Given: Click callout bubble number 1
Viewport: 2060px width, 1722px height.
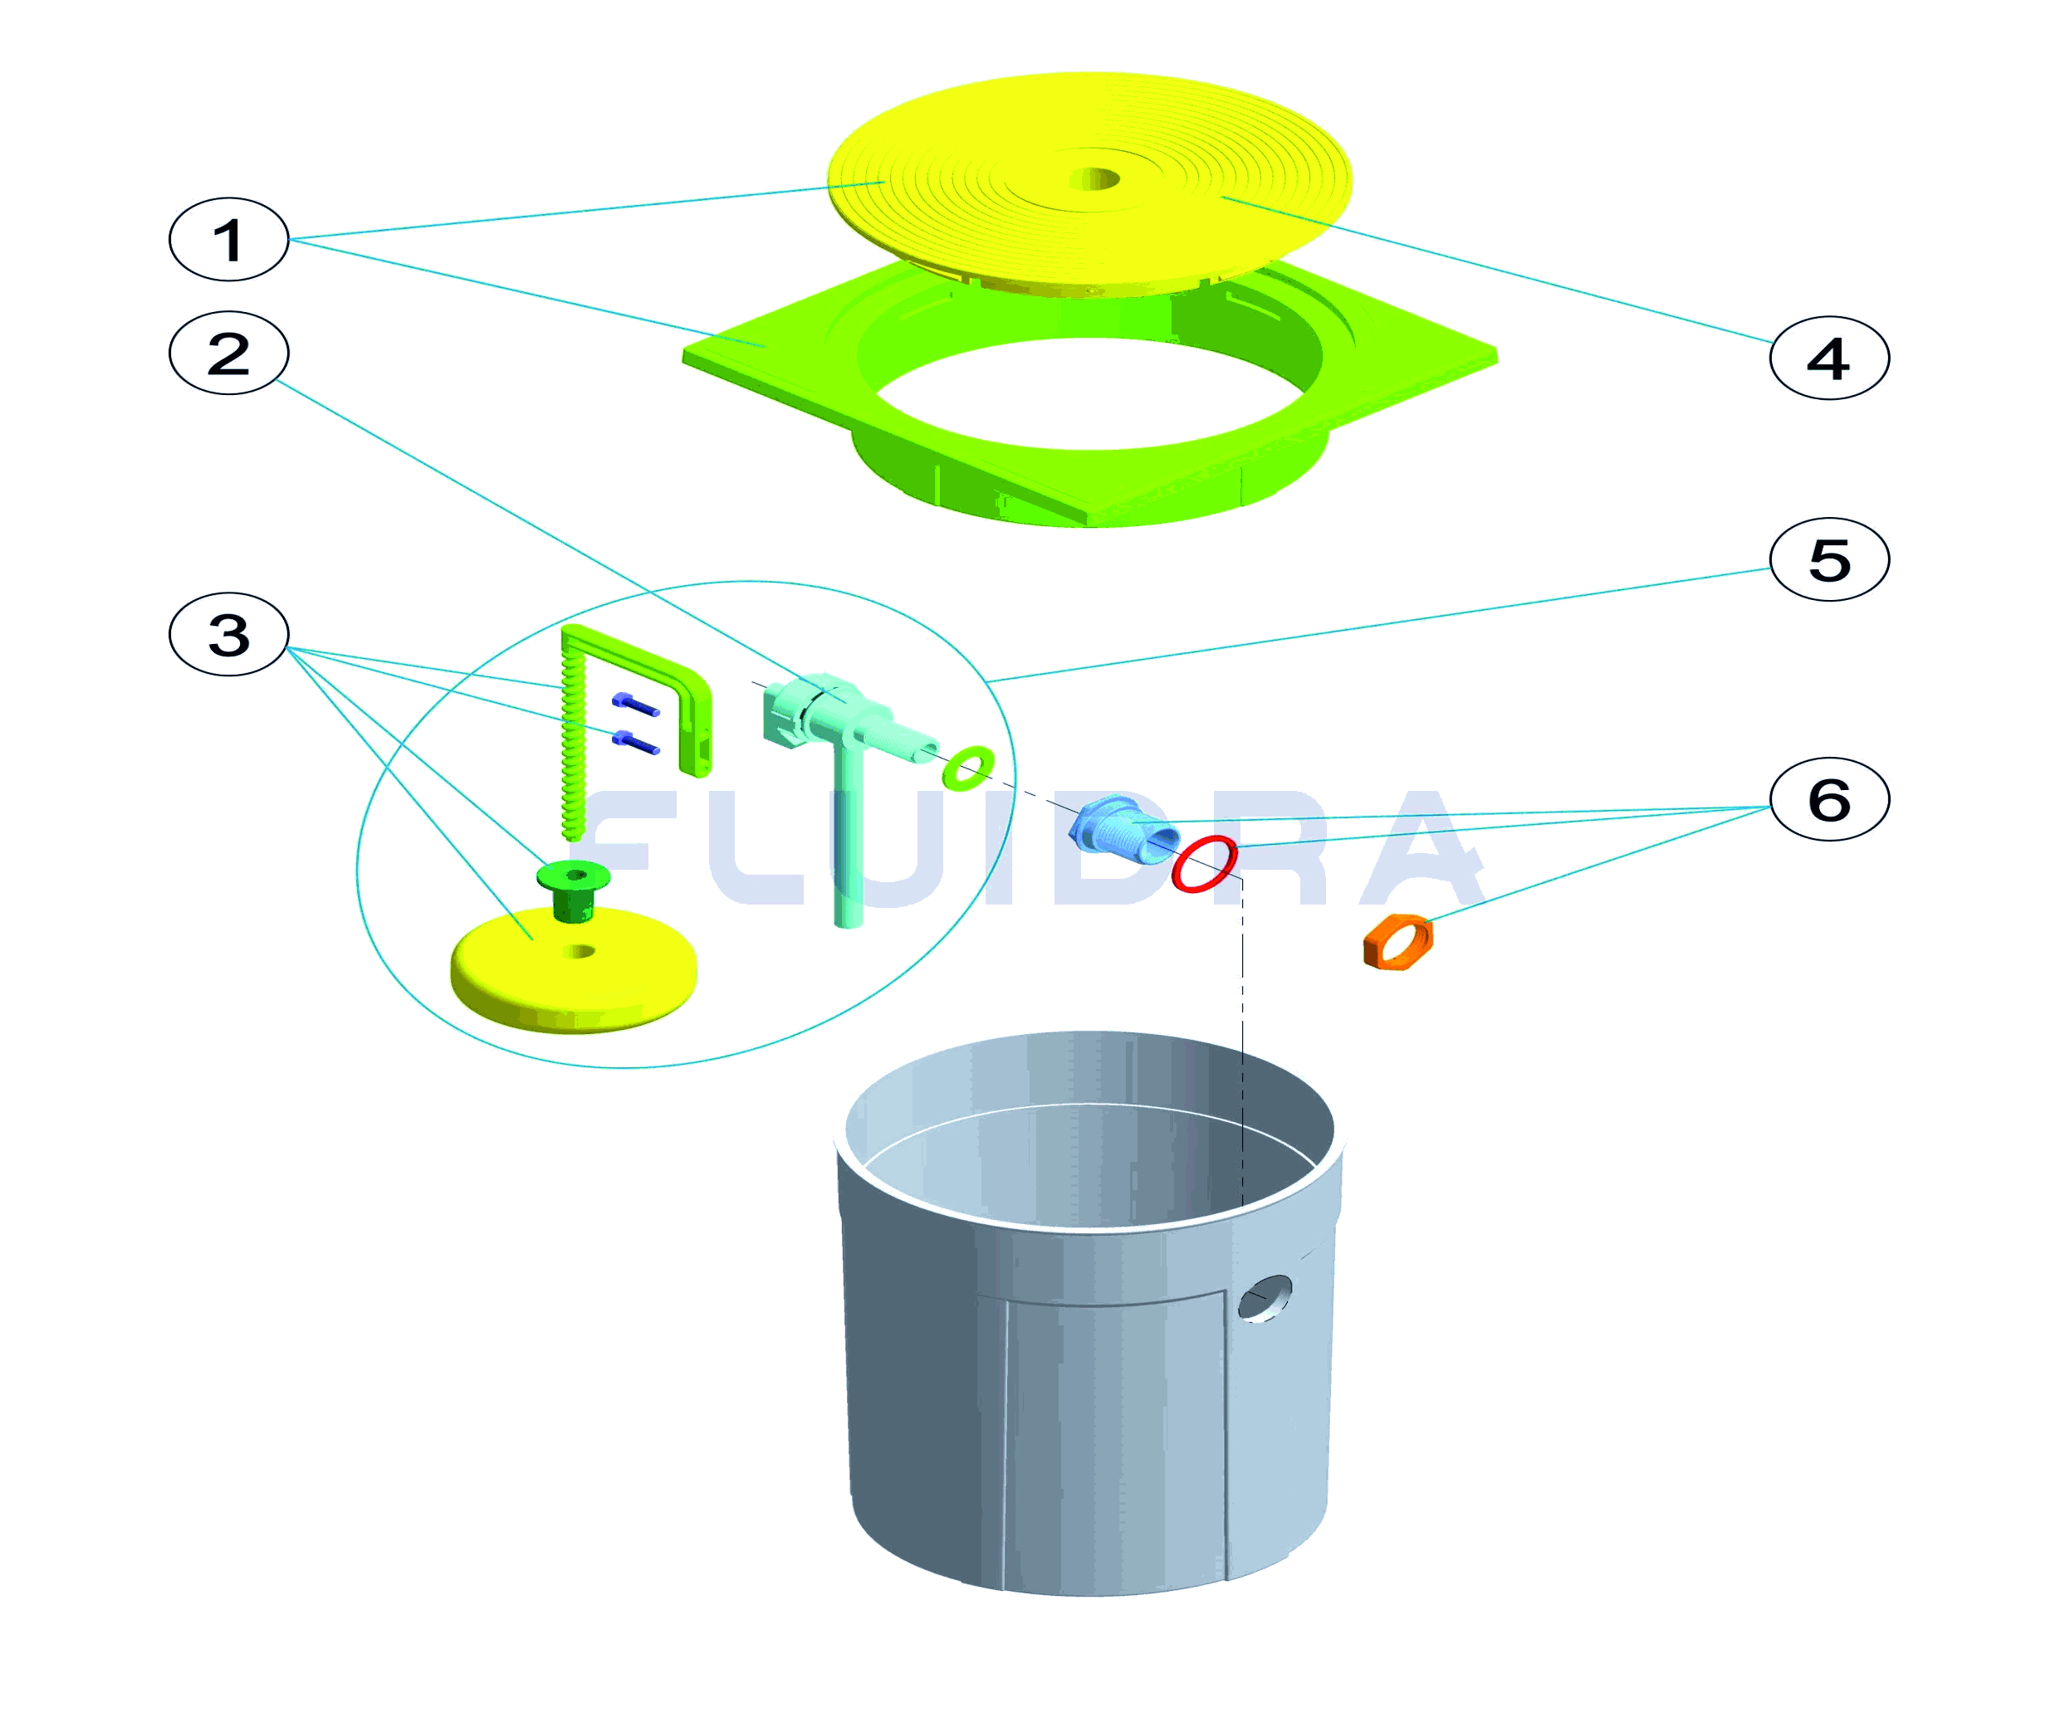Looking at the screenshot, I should (x=228, y=239).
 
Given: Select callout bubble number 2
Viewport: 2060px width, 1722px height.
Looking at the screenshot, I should (x=228, y=353).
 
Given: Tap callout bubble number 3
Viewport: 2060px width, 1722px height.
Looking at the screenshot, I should (x=228, y=635).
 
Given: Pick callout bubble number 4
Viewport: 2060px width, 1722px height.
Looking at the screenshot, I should (x=1828, y=358).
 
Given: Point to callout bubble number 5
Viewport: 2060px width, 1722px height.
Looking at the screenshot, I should (x=1828, y=559).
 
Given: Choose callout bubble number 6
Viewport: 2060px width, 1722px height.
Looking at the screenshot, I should (x=1828, y=799).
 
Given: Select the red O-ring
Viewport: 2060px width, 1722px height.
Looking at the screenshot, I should (x=1204, y=864).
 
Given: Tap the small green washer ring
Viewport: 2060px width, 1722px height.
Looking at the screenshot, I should (x=967, y=767).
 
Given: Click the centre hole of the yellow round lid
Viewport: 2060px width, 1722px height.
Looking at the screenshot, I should (x=1094, y=179).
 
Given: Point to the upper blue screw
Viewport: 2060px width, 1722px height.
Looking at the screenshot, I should (x=636, y=704).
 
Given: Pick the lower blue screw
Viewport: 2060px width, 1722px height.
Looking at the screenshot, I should (x=636, y=743).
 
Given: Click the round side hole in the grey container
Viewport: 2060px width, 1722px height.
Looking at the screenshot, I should (x=1265, y=1299).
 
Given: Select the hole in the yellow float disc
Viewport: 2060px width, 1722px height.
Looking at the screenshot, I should (x=579, y=950).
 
